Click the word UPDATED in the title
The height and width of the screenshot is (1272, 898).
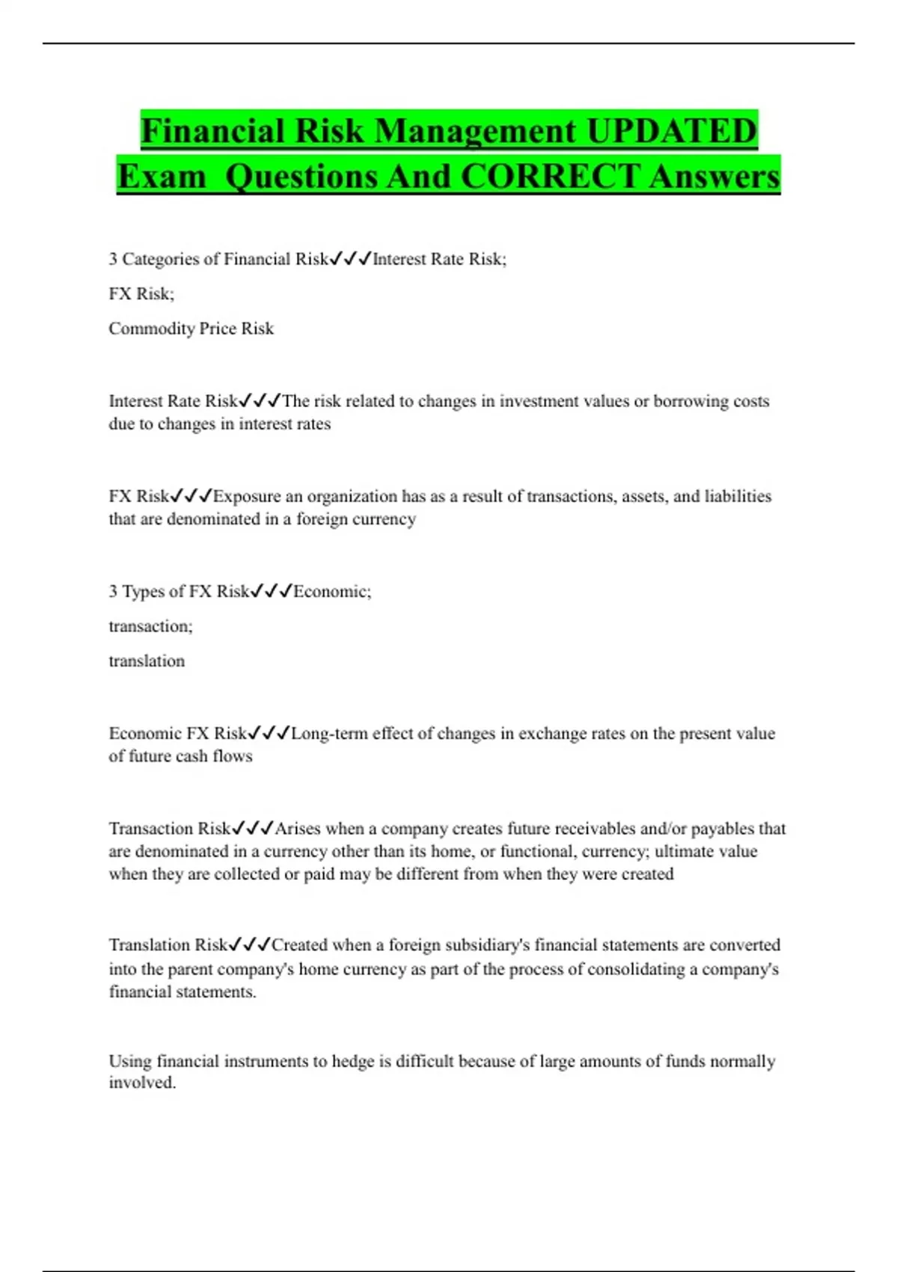point(671,131)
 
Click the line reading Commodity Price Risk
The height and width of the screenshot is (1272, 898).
point(191,328)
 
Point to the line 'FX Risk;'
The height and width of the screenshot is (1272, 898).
point(141,293)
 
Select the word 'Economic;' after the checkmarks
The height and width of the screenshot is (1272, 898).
point(332,591)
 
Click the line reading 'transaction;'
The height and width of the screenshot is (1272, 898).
point(150,626)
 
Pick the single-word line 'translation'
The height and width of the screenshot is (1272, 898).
point(147,661)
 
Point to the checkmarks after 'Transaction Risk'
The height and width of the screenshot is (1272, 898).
point(253,828)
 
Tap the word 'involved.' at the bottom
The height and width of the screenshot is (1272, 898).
point(142,1083)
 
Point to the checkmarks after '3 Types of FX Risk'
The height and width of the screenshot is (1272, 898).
point(271,591)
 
